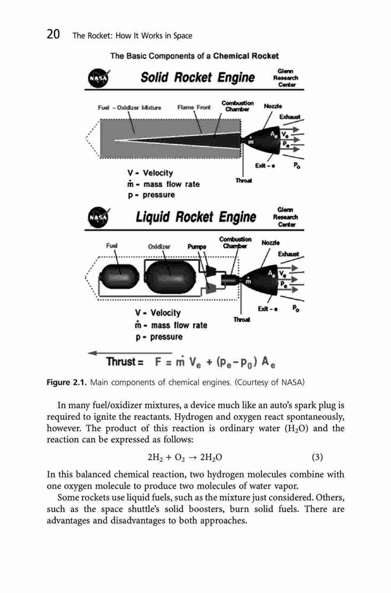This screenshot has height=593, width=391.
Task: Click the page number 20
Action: (x=53, y=34)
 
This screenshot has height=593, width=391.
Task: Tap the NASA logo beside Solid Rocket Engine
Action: (x=98, y=78)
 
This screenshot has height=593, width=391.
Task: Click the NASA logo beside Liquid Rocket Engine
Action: (x=98, y=218)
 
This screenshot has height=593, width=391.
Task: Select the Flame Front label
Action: (x=194, y=107)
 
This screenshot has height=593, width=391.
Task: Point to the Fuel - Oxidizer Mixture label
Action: (x=129, y=107)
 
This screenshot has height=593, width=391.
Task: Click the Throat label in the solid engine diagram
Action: (x=243, y=180)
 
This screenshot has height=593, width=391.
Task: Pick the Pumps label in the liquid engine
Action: (x=197, y=247)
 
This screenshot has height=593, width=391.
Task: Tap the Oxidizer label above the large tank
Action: (x=159, y=247)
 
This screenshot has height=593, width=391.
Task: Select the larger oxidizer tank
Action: (x=171, y=277)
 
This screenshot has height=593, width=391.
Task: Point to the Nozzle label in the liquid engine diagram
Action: (x=271, y=243)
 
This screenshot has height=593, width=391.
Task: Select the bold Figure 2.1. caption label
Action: (x=67, y=382)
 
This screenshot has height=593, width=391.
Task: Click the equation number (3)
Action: (x=317, y=457)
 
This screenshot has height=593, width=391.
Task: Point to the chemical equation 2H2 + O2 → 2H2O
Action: (x=185, y=458)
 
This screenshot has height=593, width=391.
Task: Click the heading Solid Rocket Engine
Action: (x=198, y=78)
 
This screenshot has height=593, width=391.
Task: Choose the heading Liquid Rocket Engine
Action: (x=196, y=217)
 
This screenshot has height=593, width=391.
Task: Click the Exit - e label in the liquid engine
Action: (x=268, y=309)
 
